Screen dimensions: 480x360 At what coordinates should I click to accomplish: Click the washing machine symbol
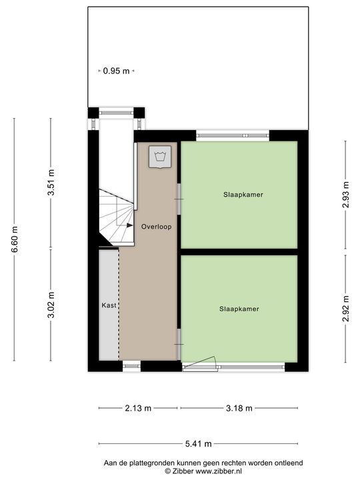point(159,157)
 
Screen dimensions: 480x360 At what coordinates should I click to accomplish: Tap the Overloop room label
point(157,227)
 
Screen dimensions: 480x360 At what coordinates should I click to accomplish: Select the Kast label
point(109,305)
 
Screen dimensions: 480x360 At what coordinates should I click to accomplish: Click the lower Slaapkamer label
point(239,309)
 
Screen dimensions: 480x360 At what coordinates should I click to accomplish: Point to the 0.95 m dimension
point(116,71)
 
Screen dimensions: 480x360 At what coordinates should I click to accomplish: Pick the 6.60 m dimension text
point(15,239)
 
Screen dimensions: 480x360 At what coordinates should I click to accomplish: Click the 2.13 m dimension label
point(138,408)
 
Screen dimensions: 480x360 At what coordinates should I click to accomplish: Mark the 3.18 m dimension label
point(239,408)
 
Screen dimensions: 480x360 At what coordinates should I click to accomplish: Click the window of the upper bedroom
point(233,136)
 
